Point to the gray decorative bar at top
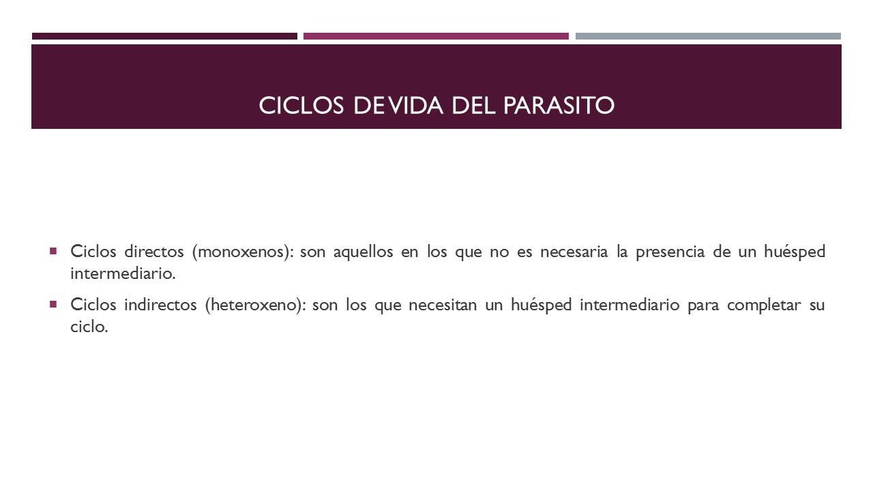tap(708, 36)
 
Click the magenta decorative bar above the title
tap(436, 36)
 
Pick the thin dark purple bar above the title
tap(164, 36)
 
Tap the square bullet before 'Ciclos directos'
tap(53, 251)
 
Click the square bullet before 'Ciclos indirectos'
tap(53, 303)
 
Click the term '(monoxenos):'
tap(242, 252)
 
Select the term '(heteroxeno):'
tap(254, 305)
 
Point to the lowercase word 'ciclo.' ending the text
tap(89, 327)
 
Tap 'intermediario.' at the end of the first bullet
tap(123, 274)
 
